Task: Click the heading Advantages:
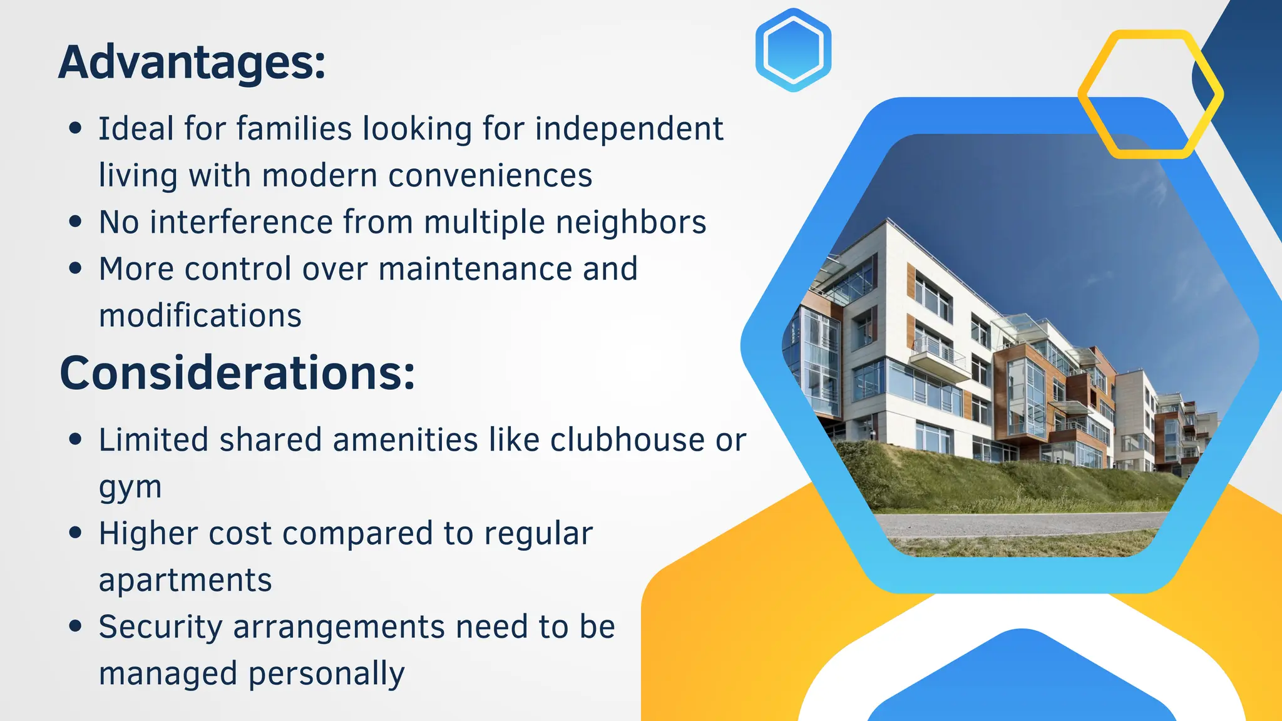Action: [x=192, y=63]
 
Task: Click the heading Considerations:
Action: [x=237, y=373]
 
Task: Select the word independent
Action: [x=629, y=129]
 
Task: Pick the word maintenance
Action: [x=476, y=269]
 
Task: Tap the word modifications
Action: [x=200, y=315]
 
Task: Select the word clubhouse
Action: [x=628, y=439]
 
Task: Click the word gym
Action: [x=130, y=488]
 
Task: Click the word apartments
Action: [x=185, y=580]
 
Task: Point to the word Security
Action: [x=160, y=627]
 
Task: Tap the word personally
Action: [x=327, y=674]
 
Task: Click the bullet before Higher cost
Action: [x=76, y=533]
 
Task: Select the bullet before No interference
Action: [x=76, y=222]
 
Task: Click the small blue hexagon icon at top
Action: [x=793, y=50]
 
